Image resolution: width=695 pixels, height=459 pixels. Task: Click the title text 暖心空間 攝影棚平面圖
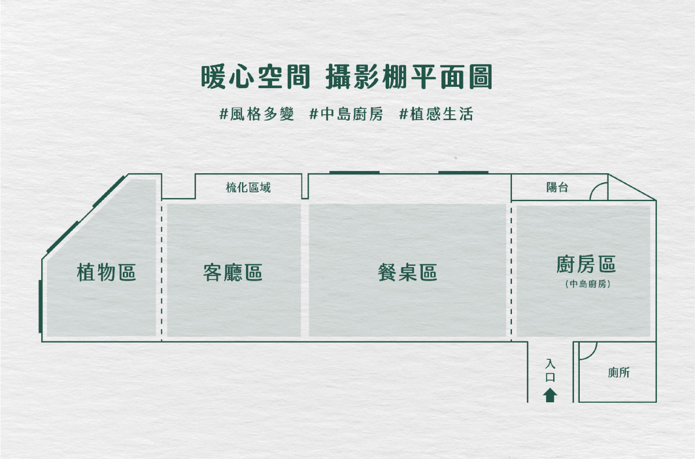pyautogui.click(x=346, y=77)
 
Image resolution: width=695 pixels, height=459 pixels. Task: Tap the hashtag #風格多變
pyautogui.click(x=257, y=114)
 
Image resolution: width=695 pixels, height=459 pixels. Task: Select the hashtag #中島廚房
pyautogui.click(x=346, y=114)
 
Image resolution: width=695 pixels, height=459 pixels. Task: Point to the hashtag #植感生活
pyautogui.click(x=436, y=114)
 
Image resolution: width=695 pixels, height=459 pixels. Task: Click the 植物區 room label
pyautogui.click(x=106, y=272)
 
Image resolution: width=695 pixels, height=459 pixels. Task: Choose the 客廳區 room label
pyautogui.click(x=233, y=272)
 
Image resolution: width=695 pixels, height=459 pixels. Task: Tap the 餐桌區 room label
pyautogui.click(x=407, y=272)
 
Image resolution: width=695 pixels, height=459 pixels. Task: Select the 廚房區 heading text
pyautogui.click(x=586, y=264)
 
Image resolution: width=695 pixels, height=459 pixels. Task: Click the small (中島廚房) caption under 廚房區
pyautogui.click(x=586, y=285)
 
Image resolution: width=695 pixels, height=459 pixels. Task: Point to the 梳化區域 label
pyautogui.click(x=248, y=187)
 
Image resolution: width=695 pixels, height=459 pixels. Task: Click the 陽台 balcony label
pyautogui.click(x=557, y=187)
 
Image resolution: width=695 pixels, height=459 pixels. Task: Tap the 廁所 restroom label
pyautogui.click(x=619, y=373)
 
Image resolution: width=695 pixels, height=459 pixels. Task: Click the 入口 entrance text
pyautogui.click(x=550, y=370)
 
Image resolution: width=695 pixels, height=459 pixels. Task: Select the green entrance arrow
pyautogui.click(x=550, y=395)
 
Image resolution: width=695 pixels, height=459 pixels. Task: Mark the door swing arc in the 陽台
pyautogui.click(x=598, y=190)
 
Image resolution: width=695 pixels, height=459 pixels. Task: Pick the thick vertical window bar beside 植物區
pyautogui.click(x=40, y=307)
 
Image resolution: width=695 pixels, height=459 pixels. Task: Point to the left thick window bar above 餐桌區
pyautogui.click(x=354, y=172)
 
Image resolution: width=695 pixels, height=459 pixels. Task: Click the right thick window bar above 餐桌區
pyautogui.click(x=463, y=172)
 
